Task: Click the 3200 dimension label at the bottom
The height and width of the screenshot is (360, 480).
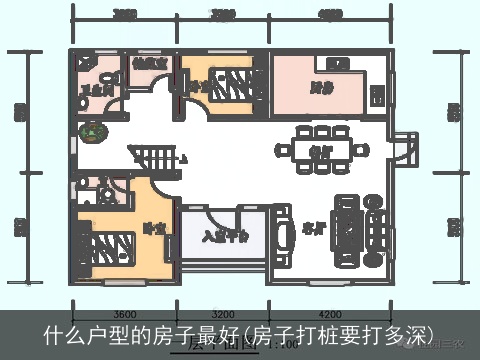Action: coord(222,312)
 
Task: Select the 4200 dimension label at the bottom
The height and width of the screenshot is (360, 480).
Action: coord(330,312)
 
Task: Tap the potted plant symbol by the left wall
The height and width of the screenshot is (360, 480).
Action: coord(92,131)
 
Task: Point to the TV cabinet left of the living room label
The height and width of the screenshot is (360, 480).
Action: coord(282,235)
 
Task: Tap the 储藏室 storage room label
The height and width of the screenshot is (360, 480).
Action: coord(148,64)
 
